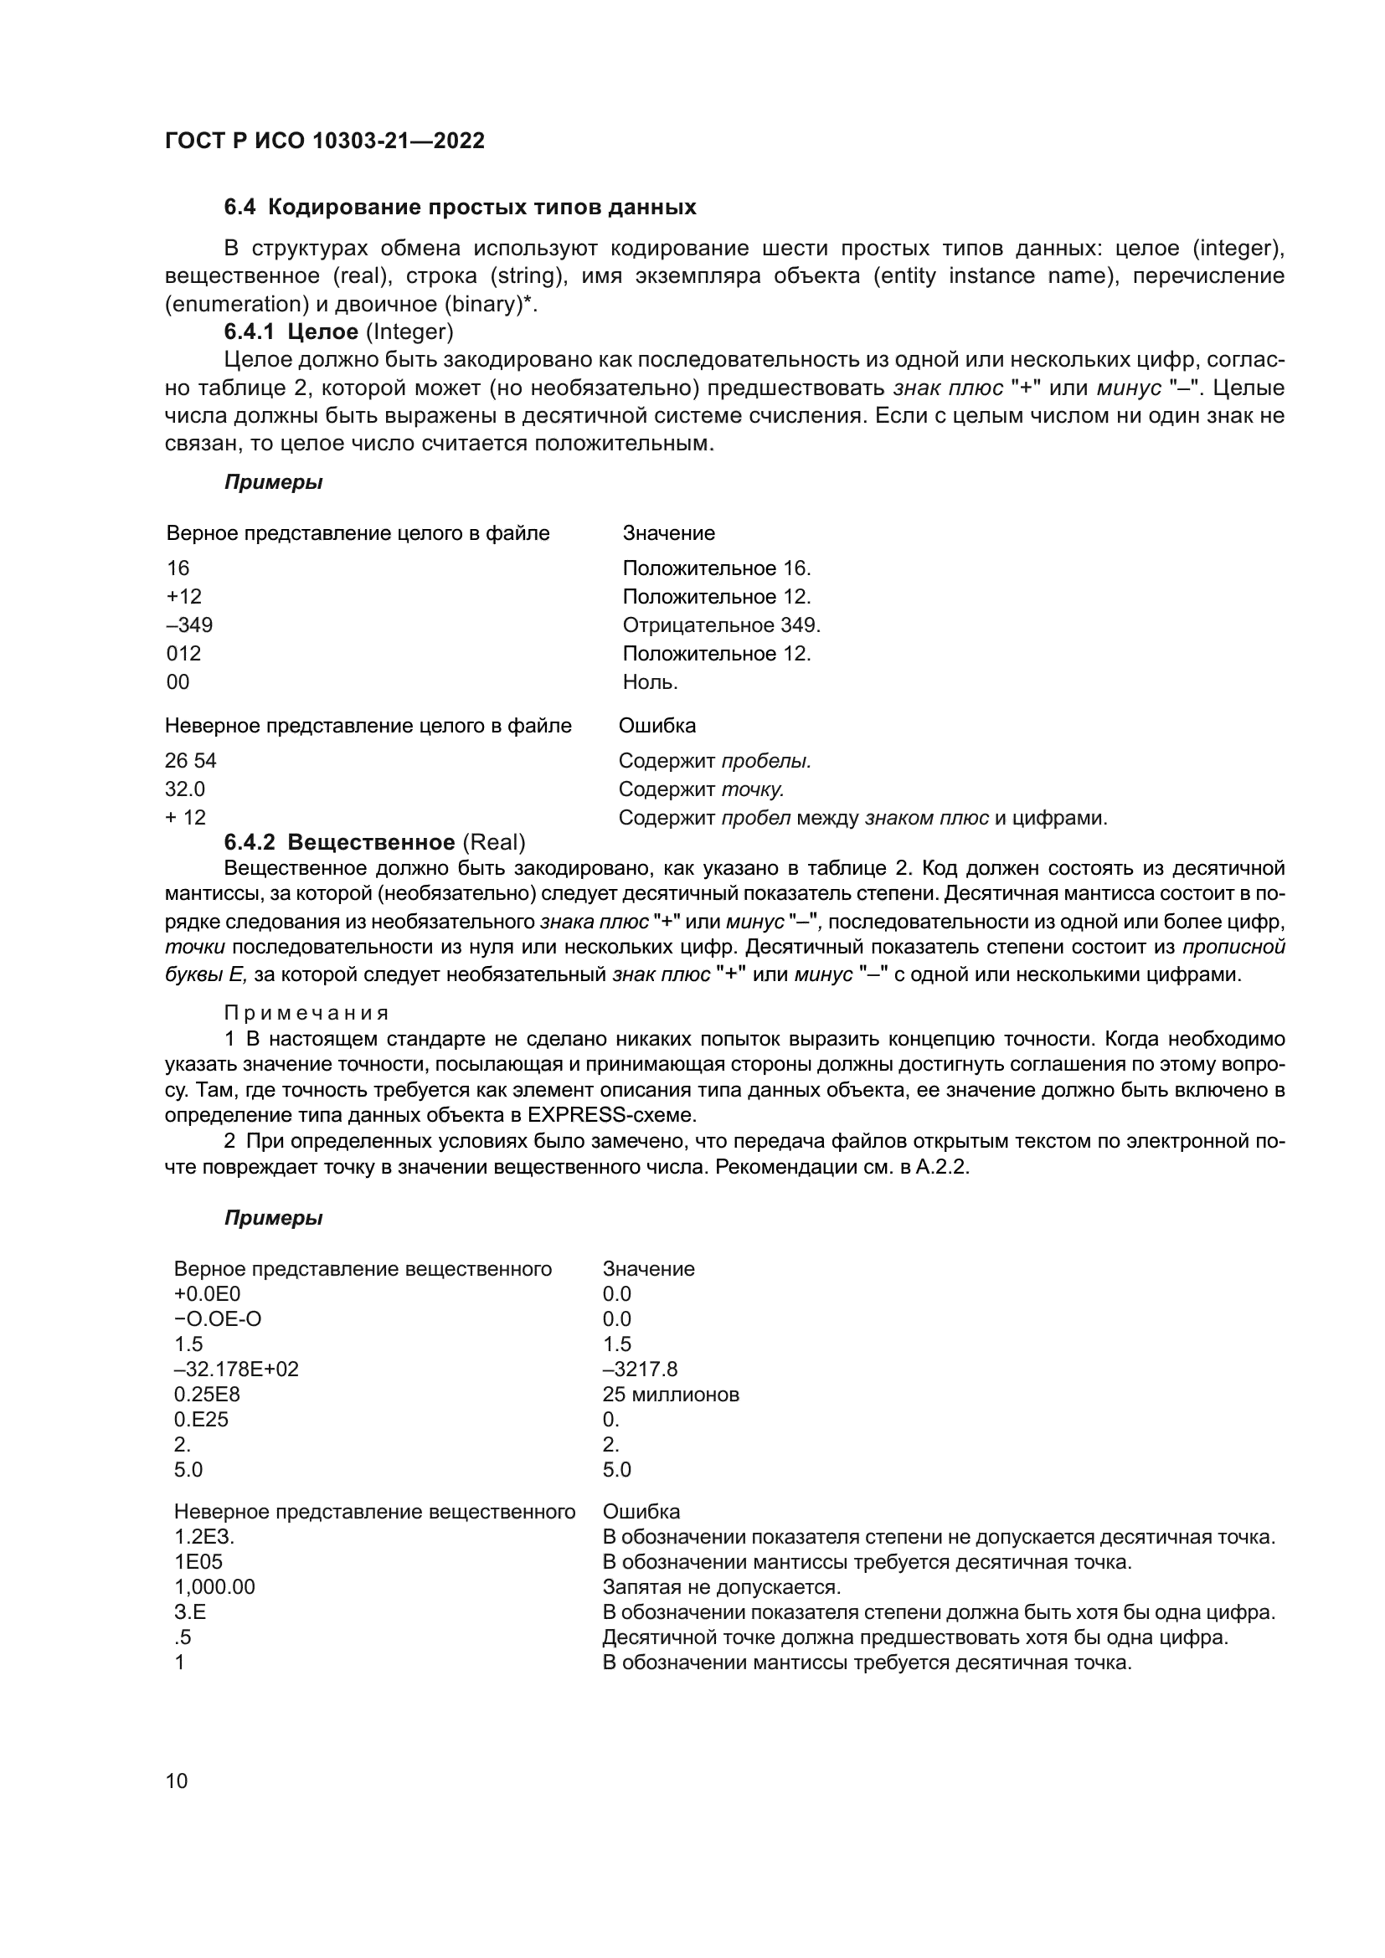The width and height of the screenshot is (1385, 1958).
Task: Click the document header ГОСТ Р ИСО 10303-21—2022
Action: pyautogui.click(x=324, y=141)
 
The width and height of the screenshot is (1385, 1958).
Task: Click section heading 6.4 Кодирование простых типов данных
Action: pyautogui.click(x=460, y=208)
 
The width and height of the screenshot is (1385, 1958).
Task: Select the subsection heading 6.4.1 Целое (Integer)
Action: pyautogui.click(x=338, y=331)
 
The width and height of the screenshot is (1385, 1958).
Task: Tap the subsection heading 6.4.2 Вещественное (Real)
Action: pyautogui.click(x=374, y=843)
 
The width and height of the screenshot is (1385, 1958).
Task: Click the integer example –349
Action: pyautogui.click(x=189, y=625)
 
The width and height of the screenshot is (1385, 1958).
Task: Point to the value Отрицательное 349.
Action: pyautogui.click(x=721, y=625)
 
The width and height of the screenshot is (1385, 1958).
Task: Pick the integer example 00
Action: pyautogui.click(x=178, y=682)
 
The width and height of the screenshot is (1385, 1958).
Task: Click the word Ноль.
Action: pyautogui.click(x=650, y=682)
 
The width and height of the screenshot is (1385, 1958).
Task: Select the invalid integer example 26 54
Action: pyautogui.click(x=190, y=761)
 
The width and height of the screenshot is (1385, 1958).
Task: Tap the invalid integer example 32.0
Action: pyautogui.click(x=184, y=789)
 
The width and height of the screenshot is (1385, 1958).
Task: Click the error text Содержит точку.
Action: pyautogui.click(x=700, y=789)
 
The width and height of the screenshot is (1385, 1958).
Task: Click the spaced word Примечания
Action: pyautogui.click(x=306, y=1013)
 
